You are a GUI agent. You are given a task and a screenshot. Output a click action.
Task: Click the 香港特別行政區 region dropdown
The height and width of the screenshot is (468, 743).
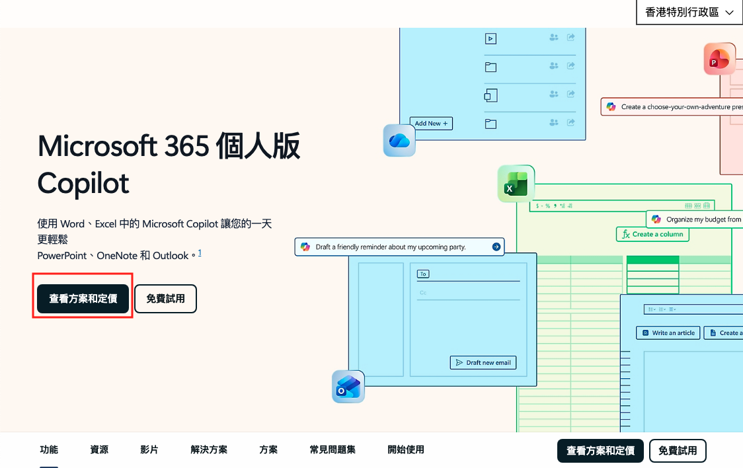(x=689, y=13)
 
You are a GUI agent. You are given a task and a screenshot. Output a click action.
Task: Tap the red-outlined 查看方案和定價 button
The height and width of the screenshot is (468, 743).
(x=83, y=299)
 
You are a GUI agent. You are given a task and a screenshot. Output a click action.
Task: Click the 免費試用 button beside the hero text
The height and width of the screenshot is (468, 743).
(x=165, y=299)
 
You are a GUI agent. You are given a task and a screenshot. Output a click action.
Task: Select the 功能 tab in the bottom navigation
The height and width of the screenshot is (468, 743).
(x=49, y=449)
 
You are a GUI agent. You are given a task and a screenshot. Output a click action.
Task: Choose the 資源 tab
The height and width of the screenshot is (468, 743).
(x=99, y=449)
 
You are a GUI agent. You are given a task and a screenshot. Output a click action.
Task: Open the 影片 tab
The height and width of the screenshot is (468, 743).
(x=149, y=449)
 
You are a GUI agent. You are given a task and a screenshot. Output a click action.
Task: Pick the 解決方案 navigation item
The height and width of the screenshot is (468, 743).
(x=209, y=449)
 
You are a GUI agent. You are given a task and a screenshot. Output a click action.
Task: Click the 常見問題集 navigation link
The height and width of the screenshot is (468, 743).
(x=332, y=449)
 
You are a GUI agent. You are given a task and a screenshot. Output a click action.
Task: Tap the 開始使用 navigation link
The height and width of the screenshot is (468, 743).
(x=406, y=449)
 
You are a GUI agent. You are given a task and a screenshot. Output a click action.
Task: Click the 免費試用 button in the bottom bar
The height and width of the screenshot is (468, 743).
(x=678, y=451)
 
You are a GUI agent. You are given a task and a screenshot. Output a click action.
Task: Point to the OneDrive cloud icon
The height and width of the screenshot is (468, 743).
(x=399, y=140)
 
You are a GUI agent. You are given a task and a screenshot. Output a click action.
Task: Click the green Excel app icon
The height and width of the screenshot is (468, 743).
(x=516, y=184)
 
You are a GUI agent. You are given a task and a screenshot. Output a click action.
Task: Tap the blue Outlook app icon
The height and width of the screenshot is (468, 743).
(x=348, y=387)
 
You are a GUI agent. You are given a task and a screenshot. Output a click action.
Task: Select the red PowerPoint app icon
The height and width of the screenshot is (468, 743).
(x=719, y=59)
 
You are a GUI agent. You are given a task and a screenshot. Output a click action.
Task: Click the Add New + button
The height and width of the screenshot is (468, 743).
(x=431, y=124)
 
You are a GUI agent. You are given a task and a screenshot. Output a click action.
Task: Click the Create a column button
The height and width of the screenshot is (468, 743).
(x=652, y=234)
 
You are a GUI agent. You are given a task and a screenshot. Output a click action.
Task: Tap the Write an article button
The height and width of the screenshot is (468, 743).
(x=668, y=333)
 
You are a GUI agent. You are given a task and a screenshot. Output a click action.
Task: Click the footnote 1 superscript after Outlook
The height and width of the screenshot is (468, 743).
(x=200, y=253)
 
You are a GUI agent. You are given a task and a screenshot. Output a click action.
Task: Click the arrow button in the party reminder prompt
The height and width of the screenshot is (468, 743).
(x=496, y=247)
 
